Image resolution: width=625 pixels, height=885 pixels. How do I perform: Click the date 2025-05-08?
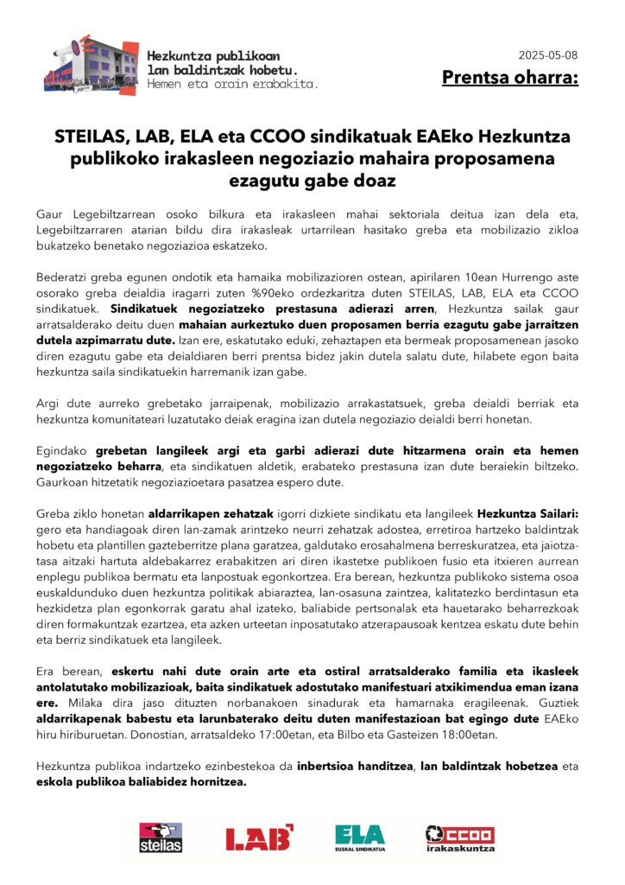pyautogui.click(x=548, y=55)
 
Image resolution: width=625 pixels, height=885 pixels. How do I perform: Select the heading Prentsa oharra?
pyautogui.click(x=510, y=79)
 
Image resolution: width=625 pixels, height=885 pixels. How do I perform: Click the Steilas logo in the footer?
pyautogui.click(x=161, y=837)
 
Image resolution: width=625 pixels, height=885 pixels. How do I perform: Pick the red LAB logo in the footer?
pyautogui.click(x=259, y=837)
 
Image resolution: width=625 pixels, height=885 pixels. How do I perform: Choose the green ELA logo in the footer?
pyautogui.click(x=360, y=837)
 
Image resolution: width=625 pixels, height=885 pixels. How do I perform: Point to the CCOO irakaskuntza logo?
pyautogui.click(x=460, y=837)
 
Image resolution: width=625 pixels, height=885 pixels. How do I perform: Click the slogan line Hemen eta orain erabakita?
pyautogui.click(x=233, y=85)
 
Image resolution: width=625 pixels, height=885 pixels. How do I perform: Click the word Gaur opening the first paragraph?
pyautogui.click(x=51, y=213)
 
